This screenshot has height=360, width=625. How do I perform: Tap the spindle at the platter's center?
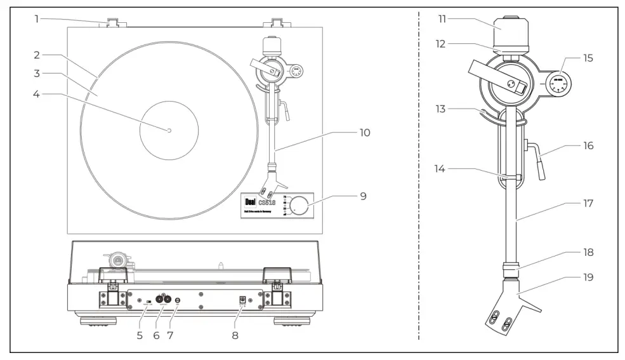[169, 130]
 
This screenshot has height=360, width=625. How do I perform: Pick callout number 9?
[363, 196]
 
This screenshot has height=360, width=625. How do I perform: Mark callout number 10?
[364, 133]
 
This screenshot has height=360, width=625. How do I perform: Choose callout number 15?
[588, 58]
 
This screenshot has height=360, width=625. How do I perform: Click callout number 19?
[588, 277]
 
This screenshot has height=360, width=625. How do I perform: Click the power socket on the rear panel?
[242, 300]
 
